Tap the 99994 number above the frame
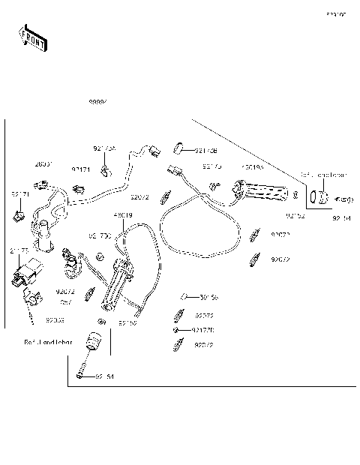(x=98, y=101)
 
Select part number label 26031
(x=44, y=163)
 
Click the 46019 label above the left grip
(x=124, y=215)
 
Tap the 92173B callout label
(x=205, y=149)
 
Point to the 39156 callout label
(x=208, y=297)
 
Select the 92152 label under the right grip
(x=295, y=215)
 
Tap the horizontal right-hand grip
(x=262, y=192)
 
